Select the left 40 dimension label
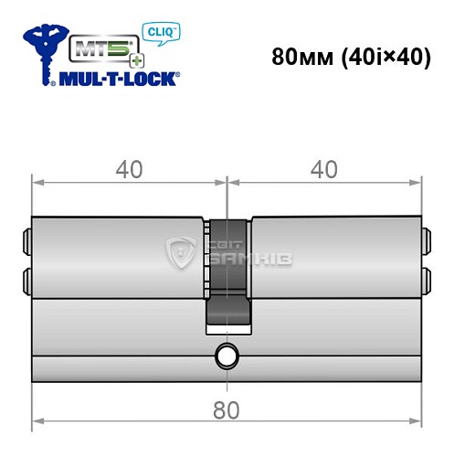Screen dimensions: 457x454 129,170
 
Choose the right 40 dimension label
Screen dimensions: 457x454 324,170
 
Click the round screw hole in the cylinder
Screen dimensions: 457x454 226,356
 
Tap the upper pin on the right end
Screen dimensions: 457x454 426,244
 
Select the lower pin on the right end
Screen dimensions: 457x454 426,277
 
